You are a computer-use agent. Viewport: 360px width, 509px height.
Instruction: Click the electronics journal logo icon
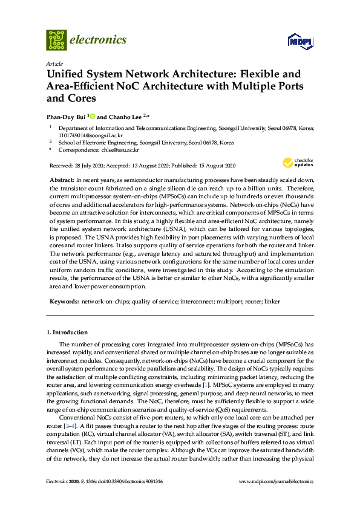[x=56, y=40]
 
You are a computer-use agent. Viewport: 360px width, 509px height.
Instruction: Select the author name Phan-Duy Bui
[x=66, y=115]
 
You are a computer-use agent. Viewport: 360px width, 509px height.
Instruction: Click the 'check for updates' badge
[x=298, y=163]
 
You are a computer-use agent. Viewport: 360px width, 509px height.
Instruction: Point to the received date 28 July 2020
[x=89, y=165]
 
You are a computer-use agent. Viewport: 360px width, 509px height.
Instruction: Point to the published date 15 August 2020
[x=215, y=165]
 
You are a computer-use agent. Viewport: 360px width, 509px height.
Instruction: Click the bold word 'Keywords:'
[x=64, y=300]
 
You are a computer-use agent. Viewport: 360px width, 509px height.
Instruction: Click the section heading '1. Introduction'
[x=67, y=332]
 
